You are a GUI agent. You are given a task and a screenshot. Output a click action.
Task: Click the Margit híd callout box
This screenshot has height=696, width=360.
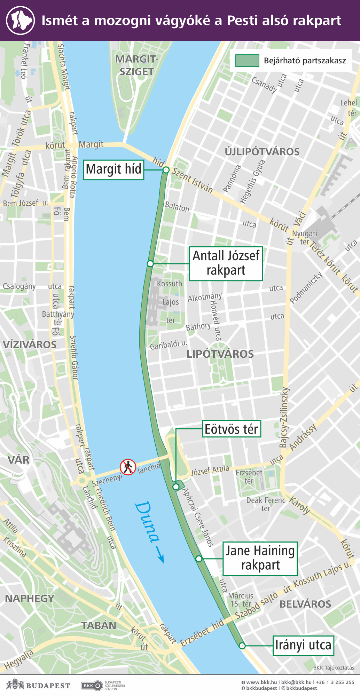114,170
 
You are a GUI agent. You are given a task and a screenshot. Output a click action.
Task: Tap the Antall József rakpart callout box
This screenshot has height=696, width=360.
226,263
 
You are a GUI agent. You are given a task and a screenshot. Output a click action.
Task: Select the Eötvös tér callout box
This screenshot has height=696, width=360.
231,429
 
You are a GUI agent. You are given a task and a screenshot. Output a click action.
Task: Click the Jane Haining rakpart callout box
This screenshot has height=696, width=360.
260,558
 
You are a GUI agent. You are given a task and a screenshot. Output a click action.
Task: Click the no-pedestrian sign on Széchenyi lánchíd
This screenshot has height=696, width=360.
128,467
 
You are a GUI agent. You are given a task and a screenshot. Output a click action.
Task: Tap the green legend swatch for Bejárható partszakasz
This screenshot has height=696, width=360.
247,61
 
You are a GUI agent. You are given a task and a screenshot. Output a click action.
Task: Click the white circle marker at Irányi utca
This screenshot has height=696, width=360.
242,646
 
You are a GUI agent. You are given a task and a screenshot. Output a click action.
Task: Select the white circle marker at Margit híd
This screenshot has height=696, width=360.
166,170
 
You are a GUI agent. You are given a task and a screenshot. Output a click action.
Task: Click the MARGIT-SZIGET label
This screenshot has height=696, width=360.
137,65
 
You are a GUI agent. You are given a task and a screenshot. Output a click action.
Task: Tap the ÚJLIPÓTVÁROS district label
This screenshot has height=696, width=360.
262,152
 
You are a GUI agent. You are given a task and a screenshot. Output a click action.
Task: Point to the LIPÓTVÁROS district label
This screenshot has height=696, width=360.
220,354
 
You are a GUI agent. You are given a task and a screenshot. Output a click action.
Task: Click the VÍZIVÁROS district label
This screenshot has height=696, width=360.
30,345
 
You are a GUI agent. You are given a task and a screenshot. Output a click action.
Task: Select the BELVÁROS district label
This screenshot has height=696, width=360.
305,604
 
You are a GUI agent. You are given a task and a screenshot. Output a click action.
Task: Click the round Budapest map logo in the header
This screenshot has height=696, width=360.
21,20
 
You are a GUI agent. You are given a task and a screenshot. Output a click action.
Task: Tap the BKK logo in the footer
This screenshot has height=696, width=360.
92,686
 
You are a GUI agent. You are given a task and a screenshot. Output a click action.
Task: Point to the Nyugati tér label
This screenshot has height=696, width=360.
305,237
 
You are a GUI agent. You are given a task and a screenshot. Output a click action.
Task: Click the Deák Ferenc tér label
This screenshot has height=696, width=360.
266,504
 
